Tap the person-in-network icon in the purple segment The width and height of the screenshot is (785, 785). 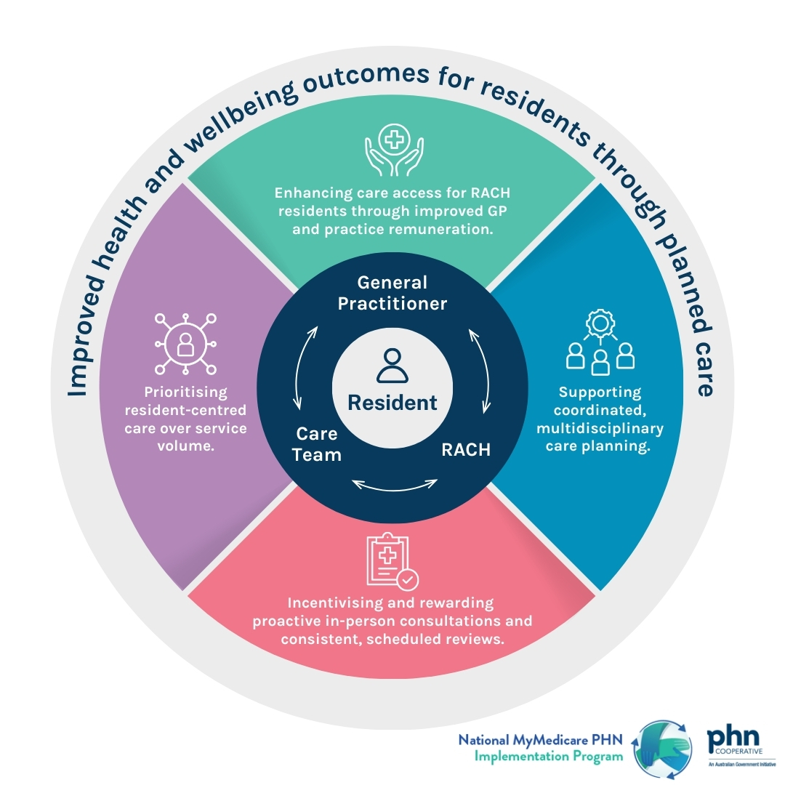tap(186, 340)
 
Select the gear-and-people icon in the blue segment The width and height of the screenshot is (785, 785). tap(600, 342)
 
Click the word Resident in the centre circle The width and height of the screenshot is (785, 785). tap(392, 403)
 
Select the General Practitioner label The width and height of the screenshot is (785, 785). tap(392, 293)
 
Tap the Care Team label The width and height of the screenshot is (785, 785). tap(318, 445)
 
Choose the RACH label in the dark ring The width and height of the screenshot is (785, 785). tap(466, 450)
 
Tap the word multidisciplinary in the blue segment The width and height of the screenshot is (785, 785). tap(600, 428)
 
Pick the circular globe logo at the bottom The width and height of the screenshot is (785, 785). tap(661, 748)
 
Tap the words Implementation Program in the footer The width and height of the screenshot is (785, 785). tap(549, 756)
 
